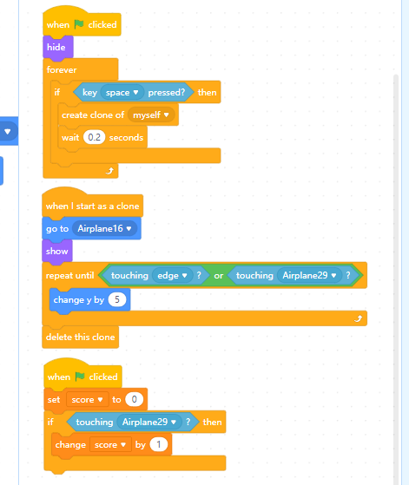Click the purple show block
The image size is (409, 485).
tap(57, 251)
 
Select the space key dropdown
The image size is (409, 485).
tap(122, 93)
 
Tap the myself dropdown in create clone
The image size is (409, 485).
tap(151, 115)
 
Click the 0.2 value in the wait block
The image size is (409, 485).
tap(94, 137)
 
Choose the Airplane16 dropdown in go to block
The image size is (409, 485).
tap(104, 228)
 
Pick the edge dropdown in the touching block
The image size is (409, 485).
tap(172, 275)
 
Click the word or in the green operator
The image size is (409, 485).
tap(219, 276)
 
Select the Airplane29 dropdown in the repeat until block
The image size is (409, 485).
tap(309, 275)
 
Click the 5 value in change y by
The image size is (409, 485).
tap(117, 299)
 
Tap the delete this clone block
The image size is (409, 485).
tap(81, 337)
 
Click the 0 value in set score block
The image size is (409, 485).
tap(134, 399)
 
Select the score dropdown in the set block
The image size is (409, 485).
tap(88, 400)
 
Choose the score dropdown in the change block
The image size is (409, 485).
tap(110, 445)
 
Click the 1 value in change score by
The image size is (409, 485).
tap(159, 444)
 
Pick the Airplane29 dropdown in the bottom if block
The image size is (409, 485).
tap(149, 422)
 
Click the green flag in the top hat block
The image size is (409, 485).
tap(79, 24)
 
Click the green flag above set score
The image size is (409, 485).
tap(80, 377)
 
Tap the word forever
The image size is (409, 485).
tap(62, 70)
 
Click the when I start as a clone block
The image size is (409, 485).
tap(93, 206)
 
